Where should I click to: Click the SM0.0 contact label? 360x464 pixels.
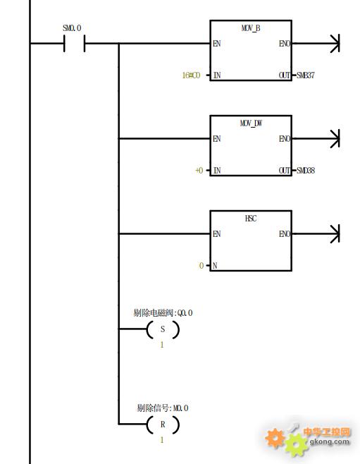[72, 28]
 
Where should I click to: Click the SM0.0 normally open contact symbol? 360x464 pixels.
[75, 44]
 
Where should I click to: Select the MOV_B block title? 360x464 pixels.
[251, 28]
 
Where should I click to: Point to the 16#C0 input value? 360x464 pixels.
[191, 75]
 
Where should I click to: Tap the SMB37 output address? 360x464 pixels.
[306, 75]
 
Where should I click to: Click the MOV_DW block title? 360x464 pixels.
[251, 123]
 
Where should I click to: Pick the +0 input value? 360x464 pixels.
[199, 171]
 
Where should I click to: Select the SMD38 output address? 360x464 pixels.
[306, 171]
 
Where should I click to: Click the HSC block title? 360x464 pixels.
[251, 219]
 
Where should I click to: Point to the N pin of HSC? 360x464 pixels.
[215, 266]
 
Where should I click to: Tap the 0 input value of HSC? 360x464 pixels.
[201, 266]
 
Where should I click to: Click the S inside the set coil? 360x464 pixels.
[163, 329]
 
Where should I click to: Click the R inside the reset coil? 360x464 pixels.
[163, 425]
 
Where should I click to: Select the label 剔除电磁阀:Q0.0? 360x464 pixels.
[163, 313]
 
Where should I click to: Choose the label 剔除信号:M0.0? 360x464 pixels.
[163, 408]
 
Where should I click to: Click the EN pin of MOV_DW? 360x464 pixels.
[217, 139]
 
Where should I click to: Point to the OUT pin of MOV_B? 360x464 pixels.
[285, 75]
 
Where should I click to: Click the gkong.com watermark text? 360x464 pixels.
[329, 442]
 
